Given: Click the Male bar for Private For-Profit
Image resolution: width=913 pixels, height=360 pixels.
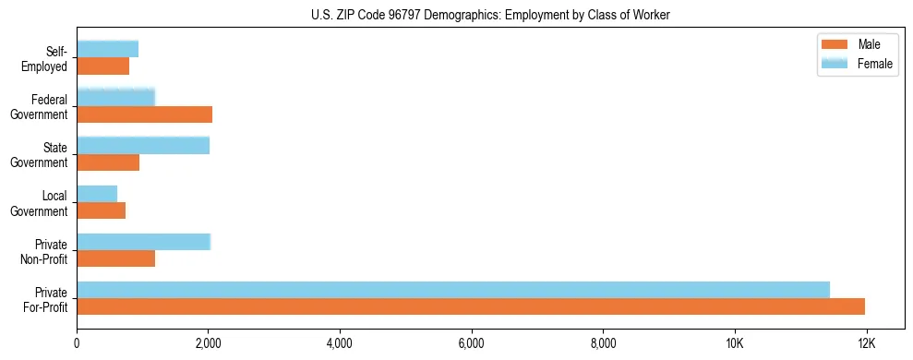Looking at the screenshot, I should [471, 306].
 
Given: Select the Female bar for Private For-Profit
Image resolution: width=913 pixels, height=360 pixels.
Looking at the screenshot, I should [453, 290].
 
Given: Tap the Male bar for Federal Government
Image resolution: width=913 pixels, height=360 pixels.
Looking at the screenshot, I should [145, 114].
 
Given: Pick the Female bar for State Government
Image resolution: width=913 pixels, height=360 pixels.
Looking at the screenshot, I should [143, 146].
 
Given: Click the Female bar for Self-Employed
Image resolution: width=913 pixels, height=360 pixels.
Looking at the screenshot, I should [108, 49].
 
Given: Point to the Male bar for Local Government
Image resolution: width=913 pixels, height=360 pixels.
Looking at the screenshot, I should [102, 210].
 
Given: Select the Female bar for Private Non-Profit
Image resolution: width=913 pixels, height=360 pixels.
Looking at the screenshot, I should [144, 242].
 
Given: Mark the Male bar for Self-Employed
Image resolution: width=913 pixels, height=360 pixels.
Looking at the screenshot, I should [103, 66].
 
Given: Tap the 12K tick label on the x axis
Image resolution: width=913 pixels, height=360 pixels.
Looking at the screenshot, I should [866, 343].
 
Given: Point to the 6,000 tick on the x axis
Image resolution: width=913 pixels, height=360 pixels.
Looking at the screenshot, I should [472, 343].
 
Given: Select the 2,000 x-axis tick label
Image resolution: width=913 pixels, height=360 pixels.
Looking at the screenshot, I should [209, 343].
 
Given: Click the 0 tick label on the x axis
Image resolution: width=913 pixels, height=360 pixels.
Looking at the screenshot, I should [78, 343].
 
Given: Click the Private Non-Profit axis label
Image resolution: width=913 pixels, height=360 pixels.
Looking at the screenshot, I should [45, 251].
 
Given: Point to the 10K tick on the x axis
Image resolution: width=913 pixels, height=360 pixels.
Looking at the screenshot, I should [735, 343].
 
